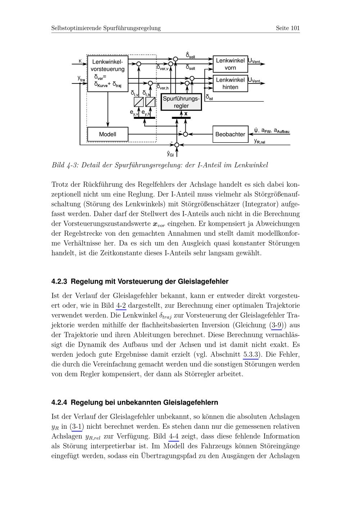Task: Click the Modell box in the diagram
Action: tap(108, 135)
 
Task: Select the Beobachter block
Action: tap(230, 134)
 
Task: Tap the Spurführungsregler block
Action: tap(181, 102)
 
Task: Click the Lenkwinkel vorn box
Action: tap(230, 64)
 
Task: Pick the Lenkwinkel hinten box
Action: tap(230, 84)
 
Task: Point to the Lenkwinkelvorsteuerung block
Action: tap(108, 73)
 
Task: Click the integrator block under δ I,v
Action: tap(139, 102)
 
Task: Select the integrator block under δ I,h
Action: tap(150, 102)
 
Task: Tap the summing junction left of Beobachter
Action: tap(185, 134)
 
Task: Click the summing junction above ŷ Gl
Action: tap(177, 145)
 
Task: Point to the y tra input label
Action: tap(81, 78)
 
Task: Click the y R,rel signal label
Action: tap(260, 141)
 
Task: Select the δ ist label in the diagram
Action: tap(209, 97)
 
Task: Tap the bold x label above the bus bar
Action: tap(186, 114)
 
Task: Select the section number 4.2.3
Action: tap(59, 281)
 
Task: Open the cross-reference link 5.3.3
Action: tap(251, 354)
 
